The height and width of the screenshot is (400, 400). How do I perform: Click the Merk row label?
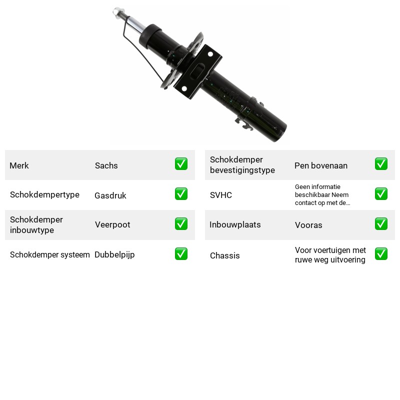(x=19, y=165)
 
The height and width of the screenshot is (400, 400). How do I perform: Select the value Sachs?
(x=106, y=165)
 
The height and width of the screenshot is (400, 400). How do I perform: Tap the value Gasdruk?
(x=110, y=195)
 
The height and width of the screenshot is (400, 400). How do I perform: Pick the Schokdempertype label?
(x=44, y=194)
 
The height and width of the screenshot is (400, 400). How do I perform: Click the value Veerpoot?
(x=112, y=224)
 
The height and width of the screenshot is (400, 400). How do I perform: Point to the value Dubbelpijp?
(x=114, y=255)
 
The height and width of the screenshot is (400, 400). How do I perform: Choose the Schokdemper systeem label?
(x=49, y=254)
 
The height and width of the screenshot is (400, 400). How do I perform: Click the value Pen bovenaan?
(x=321, y=166)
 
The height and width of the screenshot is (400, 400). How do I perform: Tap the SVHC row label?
(x=221, y=195)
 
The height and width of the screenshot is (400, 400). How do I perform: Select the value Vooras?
(x=308, y=225)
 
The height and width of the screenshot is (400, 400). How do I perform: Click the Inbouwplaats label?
(x=235, y=224)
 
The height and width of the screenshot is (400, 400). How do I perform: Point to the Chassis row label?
(x=224, y=255)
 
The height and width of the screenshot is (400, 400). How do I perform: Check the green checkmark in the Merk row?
(x=181, y=164)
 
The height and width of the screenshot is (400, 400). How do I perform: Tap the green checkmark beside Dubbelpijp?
(x=181, y=254)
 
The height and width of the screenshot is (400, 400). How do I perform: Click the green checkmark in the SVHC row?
(x=381, y=194)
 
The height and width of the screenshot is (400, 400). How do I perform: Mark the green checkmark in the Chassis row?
(x=381, y=254)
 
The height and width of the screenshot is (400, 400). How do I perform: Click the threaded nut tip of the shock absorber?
(x=118, y=11)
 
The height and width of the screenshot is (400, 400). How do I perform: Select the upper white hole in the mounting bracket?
(x=210, y=54)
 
